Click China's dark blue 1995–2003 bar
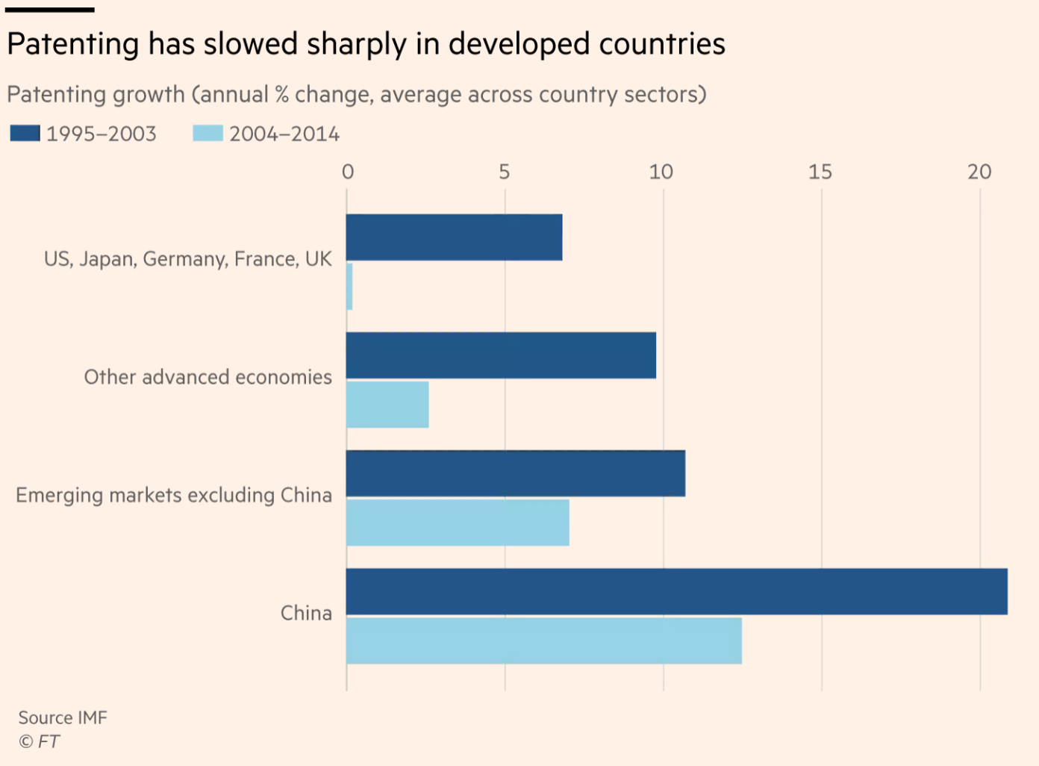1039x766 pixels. pyautogui.click(x=676, y=591)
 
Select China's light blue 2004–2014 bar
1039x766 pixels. pyautogui.click(x=544, y=641)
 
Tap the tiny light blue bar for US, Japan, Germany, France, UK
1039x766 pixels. pyautogui.click(x=349, y=287)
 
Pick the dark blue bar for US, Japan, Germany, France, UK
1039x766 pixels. pyautogui.click(x=454, y=237)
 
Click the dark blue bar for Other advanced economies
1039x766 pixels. pyautogui.click(x=501, y=355)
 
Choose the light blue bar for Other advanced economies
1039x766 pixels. pyautogui.click(x=387, y=405)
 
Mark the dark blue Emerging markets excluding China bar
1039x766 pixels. pyautogui.click(x=515, y=473)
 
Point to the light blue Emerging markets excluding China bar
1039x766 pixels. pyautogui.click(x=458, y=523)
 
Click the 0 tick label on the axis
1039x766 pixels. pyautogui.click(x=348, y=172)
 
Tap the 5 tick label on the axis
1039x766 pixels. pyautogui.click(x=505, y=172)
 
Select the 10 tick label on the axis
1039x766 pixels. pyautogui.click(x=661, y=172)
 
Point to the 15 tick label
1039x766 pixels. pyautogui.click(x=820, y=172)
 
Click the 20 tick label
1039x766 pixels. pyautogui.click(x=979, y=172)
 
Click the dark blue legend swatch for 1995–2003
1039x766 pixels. pyautogui.click(x=25, y=134)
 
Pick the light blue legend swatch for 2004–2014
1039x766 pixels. pyautogui.click(x=208, y=134)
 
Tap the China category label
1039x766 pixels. pyautogui.click(x=306, y=613)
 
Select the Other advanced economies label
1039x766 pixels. pyautogui.click(x=208, y=377)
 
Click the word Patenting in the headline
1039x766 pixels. pyautogui.click(x=72, y=45)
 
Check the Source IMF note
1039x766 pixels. pyautogui.click(x=63, y=717)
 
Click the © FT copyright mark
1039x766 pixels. pyautogui.click(x=39, y=741)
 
